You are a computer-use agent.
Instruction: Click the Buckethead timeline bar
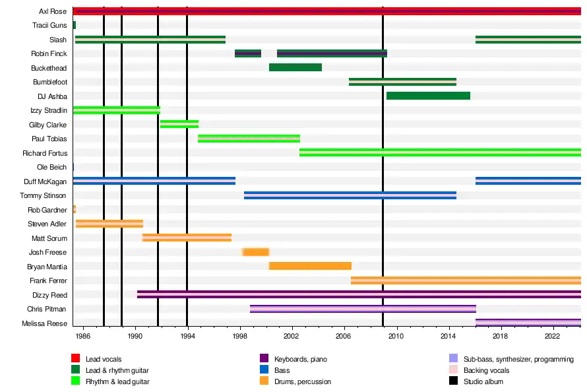point(295,67)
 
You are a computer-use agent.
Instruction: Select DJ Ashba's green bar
point(428,96)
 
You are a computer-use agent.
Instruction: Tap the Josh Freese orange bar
point(255,252)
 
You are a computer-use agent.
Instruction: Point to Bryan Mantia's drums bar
point(310,266)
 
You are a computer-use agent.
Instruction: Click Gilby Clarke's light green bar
point(179,124)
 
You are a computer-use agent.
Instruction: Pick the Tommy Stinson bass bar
point(350,195)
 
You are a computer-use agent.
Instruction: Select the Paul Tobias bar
point(249,139)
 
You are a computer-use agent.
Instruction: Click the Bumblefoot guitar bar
point(402,82)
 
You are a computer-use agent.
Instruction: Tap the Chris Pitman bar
point(363,309)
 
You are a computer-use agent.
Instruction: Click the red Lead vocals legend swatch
point(75,358)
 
